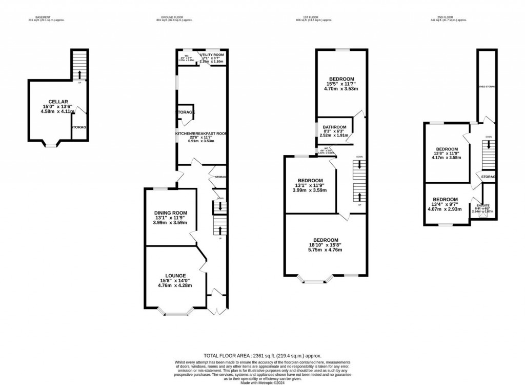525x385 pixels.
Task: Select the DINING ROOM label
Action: pyautogui.click(x=171, y=213)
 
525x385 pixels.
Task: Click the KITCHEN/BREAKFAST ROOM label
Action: pyautogui.click(x=201, y=133)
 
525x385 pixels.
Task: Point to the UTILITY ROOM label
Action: pyautogui.click(x=212, y=54)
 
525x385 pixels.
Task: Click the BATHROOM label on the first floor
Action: pyautogui.click(x=334, y=127)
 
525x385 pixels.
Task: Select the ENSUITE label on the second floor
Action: pyautogui.click(x=482, y=204)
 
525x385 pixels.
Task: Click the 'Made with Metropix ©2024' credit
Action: pyautogui.click(x=262, y=382)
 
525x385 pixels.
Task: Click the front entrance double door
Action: pyautogui.click(x=217, y=309)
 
